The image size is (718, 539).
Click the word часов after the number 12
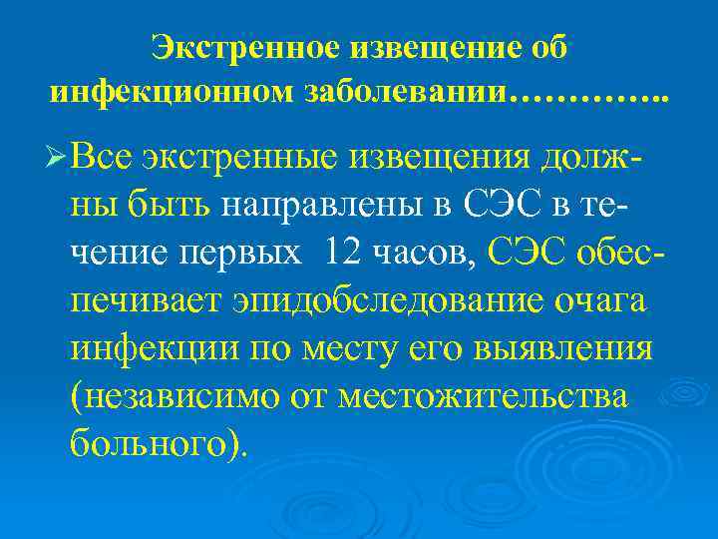coord(430,255)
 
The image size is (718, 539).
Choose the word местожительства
coord(484,396)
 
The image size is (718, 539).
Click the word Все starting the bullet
coord(103,157)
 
